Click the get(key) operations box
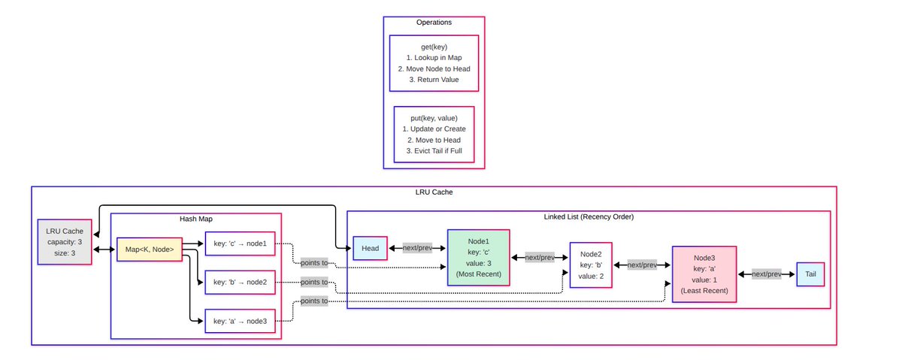click(x=434, y=63)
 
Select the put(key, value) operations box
click(x=434, y=135)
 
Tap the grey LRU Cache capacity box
click(x=65, y=242)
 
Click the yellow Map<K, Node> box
click(x=150, y=249)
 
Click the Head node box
click(x=370, y=248)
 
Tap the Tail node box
click(x=810, y=275)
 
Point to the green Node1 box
click(x=478, y=258)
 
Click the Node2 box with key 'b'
click(x=591, y=265)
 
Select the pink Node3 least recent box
click(x=704, y=274)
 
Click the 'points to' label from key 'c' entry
click(x=313, y=262)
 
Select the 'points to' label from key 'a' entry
click(x=313, y=301)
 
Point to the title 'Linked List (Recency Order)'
click(x=588, y=217)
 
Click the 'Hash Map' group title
click(x=195, y=219)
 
